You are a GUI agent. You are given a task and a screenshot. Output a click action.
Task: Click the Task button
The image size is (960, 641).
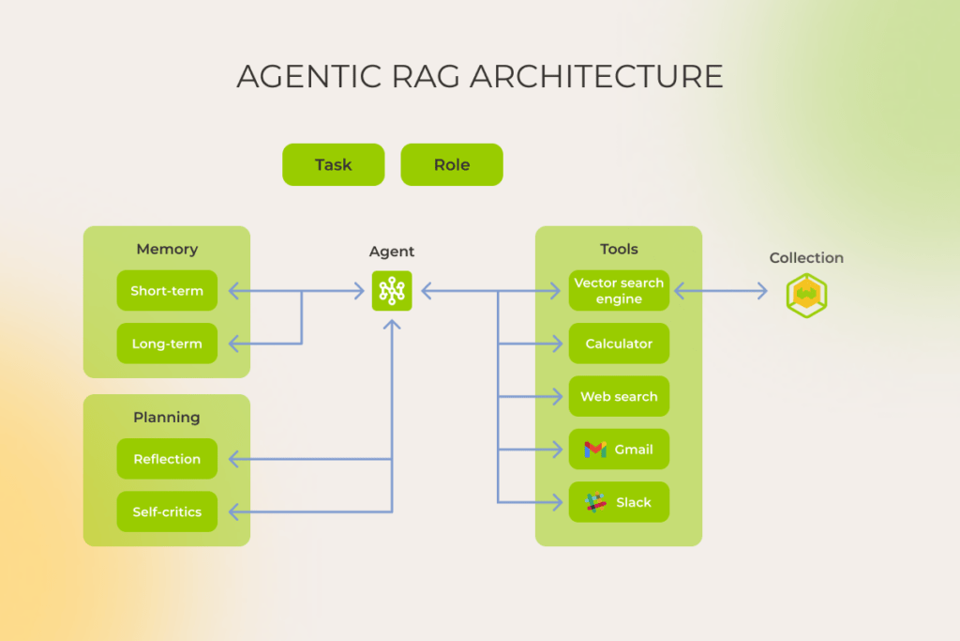coord(333,164)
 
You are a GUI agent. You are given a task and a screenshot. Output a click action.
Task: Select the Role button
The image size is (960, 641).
coord(451,164)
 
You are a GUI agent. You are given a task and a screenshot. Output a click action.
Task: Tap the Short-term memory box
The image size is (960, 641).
coord(167,291)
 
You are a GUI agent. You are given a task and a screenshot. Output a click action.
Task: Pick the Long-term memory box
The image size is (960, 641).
coord(167,343)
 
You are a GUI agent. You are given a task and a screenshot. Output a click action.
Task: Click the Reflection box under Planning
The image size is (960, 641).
coord(167,459)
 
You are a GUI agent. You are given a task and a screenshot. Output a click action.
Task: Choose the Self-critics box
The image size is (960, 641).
coord(167,511)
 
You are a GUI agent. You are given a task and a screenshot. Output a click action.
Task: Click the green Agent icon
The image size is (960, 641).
coord(392,291)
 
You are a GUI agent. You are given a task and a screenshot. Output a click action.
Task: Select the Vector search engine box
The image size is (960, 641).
coord(619,291)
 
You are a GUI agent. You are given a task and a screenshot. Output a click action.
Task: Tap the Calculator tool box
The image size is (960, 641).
coord(619,343)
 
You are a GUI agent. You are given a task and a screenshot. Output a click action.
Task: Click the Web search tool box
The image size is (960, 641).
coord(619,396)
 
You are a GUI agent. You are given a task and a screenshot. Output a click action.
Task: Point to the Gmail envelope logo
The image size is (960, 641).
coord(595,450)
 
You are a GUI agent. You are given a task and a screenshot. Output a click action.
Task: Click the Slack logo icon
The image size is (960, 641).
coord(595,502)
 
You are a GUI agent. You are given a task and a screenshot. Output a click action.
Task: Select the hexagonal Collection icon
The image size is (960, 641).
coord(806,296)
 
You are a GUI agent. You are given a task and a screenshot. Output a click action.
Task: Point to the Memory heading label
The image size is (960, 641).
coord(167,249)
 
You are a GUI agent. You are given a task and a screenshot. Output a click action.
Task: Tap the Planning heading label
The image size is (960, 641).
coord(167,417)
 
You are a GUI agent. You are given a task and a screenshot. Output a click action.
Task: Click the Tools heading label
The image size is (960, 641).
coord(619,249)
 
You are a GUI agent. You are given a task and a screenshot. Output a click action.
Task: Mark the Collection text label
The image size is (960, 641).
coord(806,258)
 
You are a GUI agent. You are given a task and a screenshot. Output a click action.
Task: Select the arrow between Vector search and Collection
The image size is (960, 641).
coord(720,291)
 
